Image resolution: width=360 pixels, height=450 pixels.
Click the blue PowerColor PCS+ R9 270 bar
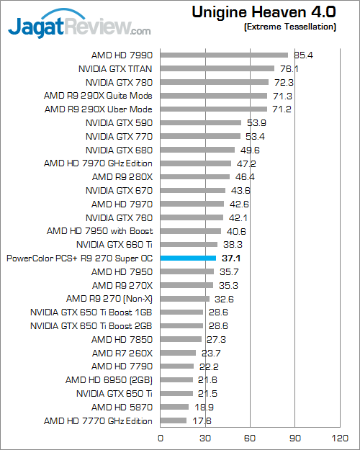pyautogui.click(x=187, y=258)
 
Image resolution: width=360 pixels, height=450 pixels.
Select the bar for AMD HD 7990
pyautogui.click(x=223, y=55)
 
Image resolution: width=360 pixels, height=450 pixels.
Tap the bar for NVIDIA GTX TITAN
pyautogui.click(x=217, y=68)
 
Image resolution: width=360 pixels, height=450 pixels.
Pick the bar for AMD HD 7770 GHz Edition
pyautogui.click(x=173, y=420)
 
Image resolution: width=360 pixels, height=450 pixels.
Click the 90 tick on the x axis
pyautogui.click(x=294, y=436)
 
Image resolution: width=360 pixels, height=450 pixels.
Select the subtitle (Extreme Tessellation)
pyautogui.click(x=289, y=27)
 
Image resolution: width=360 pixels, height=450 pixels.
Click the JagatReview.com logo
pyautogui.click(x=79, y=27)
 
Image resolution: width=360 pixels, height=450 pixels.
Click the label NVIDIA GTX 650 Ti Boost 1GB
pyautogui.click(x=91, y=312)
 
